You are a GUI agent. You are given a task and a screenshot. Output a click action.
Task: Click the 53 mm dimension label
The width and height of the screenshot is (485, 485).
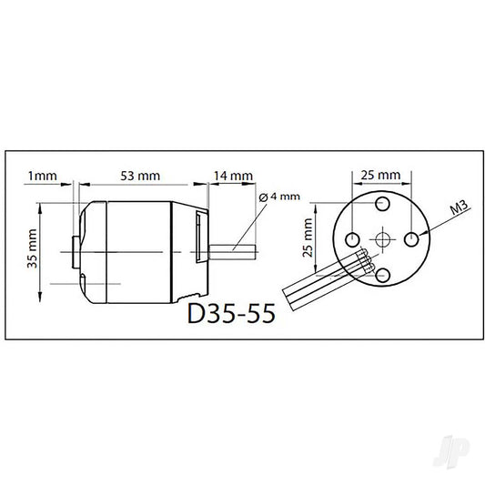[x=140, y=176]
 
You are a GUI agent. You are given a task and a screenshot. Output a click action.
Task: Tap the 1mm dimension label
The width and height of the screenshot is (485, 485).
[x=43, y=176]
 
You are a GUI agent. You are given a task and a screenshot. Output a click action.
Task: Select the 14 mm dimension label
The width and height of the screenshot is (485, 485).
[x=234, y=176]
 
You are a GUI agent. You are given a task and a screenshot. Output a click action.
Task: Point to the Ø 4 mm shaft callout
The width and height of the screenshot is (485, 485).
[x=279, y=197]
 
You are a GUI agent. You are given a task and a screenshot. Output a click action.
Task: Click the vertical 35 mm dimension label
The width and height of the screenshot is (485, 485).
[x=32, y=248]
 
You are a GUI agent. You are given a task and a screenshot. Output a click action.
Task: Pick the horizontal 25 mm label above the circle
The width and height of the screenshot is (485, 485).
[x=380, y=175]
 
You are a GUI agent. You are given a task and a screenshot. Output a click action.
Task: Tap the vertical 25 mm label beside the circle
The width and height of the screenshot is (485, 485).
[x=308, y=237]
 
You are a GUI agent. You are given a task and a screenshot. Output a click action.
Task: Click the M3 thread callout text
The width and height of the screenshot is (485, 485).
[x=459, y=207]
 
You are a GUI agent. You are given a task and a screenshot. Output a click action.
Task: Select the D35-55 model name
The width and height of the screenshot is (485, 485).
[x=231, y=313]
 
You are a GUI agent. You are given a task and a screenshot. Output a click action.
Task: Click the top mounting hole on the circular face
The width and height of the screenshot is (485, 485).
[x=382, y=204]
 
